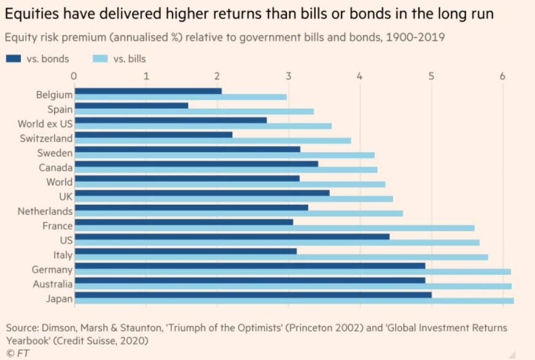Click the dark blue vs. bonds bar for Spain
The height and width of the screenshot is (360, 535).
(x=131, y=106)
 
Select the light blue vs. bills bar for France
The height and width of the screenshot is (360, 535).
(x=274, y=228)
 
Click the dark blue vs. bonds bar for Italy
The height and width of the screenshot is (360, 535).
(x=185, y=251)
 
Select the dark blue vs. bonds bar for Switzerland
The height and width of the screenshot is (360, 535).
(x=153, y=135)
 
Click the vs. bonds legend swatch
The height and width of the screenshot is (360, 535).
(x=15, y=59)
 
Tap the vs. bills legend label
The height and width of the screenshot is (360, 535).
(x=128, y=59)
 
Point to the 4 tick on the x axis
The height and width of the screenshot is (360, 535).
(x=359, y=76)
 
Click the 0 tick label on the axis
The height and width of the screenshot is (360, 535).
(x=74, y=76)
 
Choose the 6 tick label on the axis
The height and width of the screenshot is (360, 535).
(x=502, y=76)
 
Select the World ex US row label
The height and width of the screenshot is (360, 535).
(x=45, y=124)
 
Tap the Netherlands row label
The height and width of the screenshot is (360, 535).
(x=45, y=211)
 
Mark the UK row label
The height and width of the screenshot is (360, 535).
(x=65, y=197)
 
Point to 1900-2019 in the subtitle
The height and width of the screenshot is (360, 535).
(x=416, y=37)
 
